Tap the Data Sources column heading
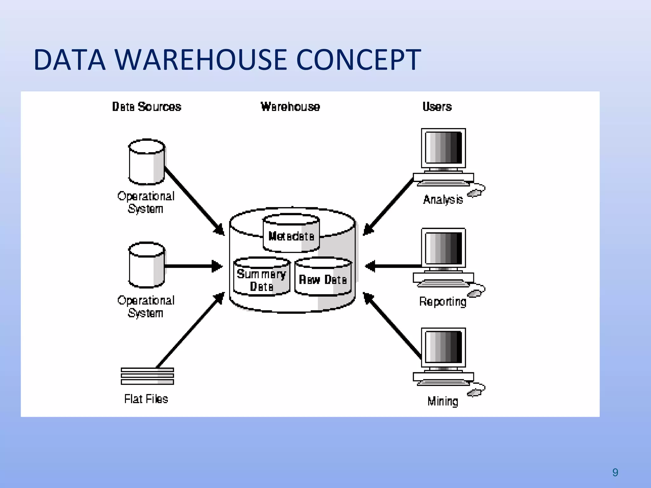(x=147, y=107)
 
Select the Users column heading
(x=437, y=107)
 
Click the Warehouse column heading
(x=290, y=107)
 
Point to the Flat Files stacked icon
(x=147, y=376)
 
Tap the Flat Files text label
(x=146, y=399)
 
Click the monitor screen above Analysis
(x=443, y=148)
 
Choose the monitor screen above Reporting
(x=443, y=248)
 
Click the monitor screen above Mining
(x=443, y=347)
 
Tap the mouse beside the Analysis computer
(x=475, y=193)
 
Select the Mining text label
(x=442, y=402)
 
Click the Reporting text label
(x=442, y=302)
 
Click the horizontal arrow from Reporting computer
(x=394, y=266)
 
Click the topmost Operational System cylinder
(x=147, y=162)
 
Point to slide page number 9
(x=615, y=472)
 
